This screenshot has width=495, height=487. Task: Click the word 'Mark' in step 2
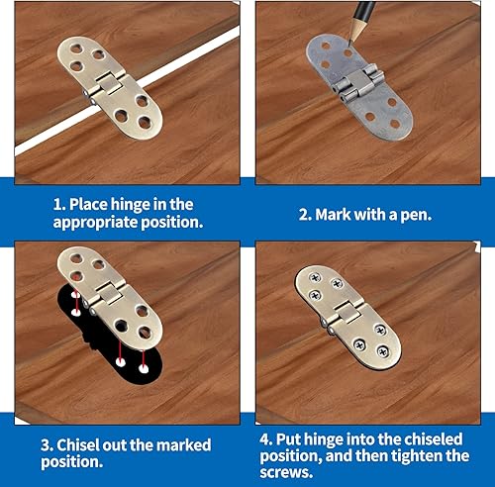pyautogui.click(x=343, y=213)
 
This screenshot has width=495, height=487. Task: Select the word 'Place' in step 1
pyautogui.click(x=93, y=205)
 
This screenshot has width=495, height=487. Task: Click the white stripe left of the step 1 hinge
pyautogui.click(x=40, y=136)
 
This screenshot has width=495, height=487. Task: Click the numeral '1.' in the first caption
pyautogui.click(x=57, y=205)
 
